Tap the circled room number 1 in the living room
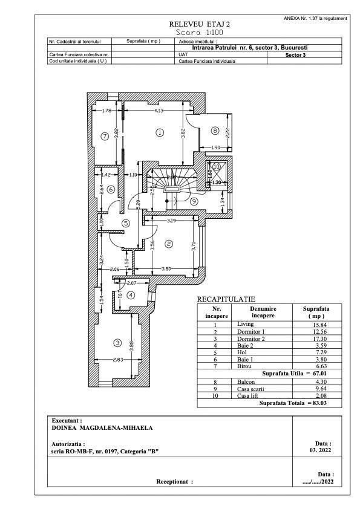coord(160,132)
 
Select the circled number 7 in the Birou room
coord(105,136)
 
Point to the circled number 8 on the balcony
coord(215,130)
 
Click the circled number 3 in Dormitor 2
coord(117,343)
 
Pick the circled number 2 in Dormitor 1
coord(169,244)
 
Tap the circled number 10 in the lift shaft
coord(217,166)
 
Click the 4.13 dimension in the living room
coord(159,111)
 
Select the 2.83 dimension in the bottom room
coord(117,361)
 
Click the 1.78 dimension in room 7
coord(106,111)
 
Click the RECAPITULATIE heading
coord(226,299)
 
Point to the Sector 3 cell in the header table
coord(295,53)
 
